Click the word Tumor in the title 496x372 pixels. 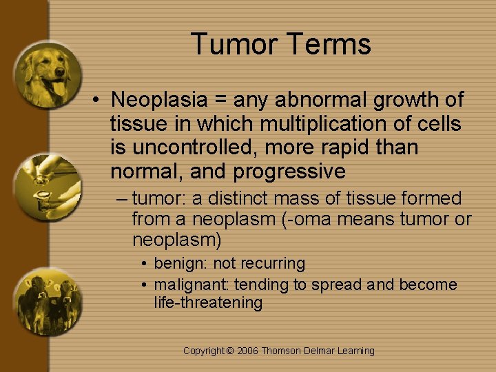click(232, 45)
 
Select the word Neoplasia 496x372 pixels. click(159, 100)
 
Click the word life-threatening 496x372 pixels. click(208, 302)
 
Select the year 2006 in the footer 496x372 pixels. click(247, 351)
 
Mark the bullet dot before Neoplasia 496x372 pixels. click(99, 101)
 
